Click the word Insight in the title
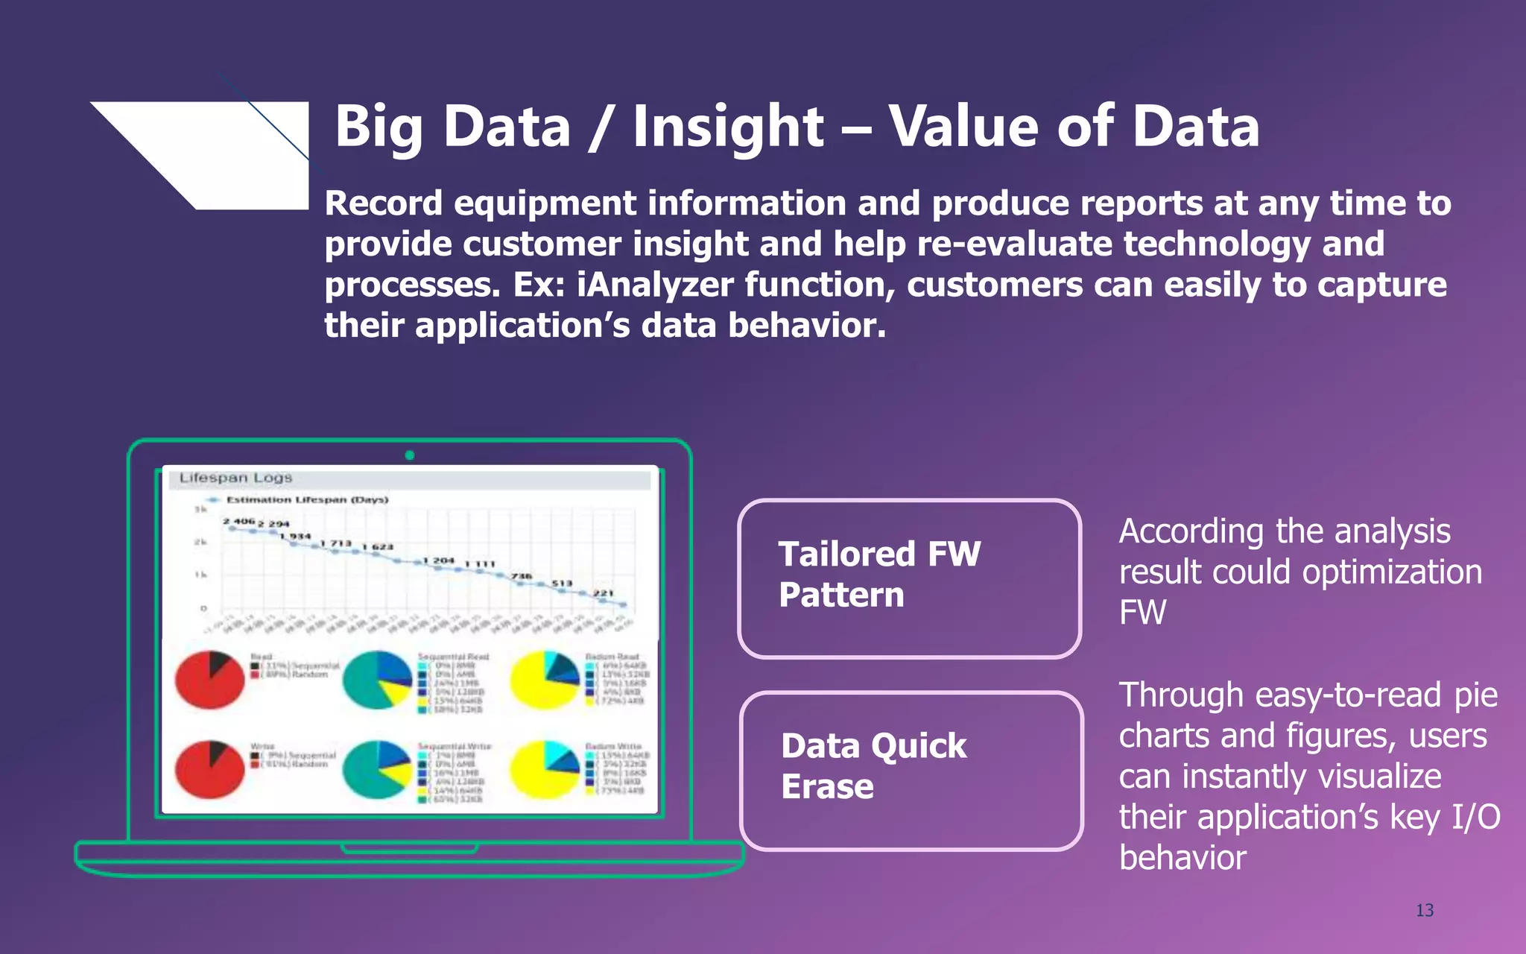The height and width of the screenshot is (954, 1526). (728, 127)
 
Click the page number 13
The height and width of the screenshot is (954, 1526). (1424, 910)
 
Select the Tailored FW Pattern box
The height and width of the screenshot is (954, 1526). (909, 578)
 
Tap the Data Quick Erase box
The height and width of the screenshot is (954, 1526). (911, 771)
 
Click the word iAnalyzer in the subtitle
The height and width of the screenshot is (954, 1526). (655, 285)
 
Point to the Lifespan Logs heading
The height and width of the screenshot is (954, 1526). (235, 478)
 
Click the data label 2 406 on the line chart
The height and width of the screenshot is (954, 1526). (238, 521)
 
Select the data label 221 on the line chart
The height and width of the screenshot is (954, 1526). (604, 593)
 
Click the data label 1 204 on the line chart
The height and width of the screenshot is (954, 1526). (438, 560)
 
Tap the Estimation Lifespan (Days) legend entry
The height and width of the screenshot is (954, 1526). (306, 499)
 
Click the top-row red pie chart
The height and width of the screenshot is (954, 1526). (210, 680)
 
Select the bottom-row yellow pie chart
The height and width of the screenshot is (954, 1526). (545, 769)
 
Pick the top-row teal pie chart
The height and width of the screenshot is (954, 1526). (377, 680)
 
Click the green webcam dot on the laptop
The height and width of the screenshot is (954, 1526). (409, 455)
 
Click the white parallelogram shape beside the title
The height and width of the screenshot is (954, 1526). (224, 149)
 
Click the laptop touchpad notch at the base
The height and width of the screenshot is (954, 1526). (409, 848)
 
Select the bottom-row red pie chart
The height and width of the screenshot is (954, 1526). (210, 769)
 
